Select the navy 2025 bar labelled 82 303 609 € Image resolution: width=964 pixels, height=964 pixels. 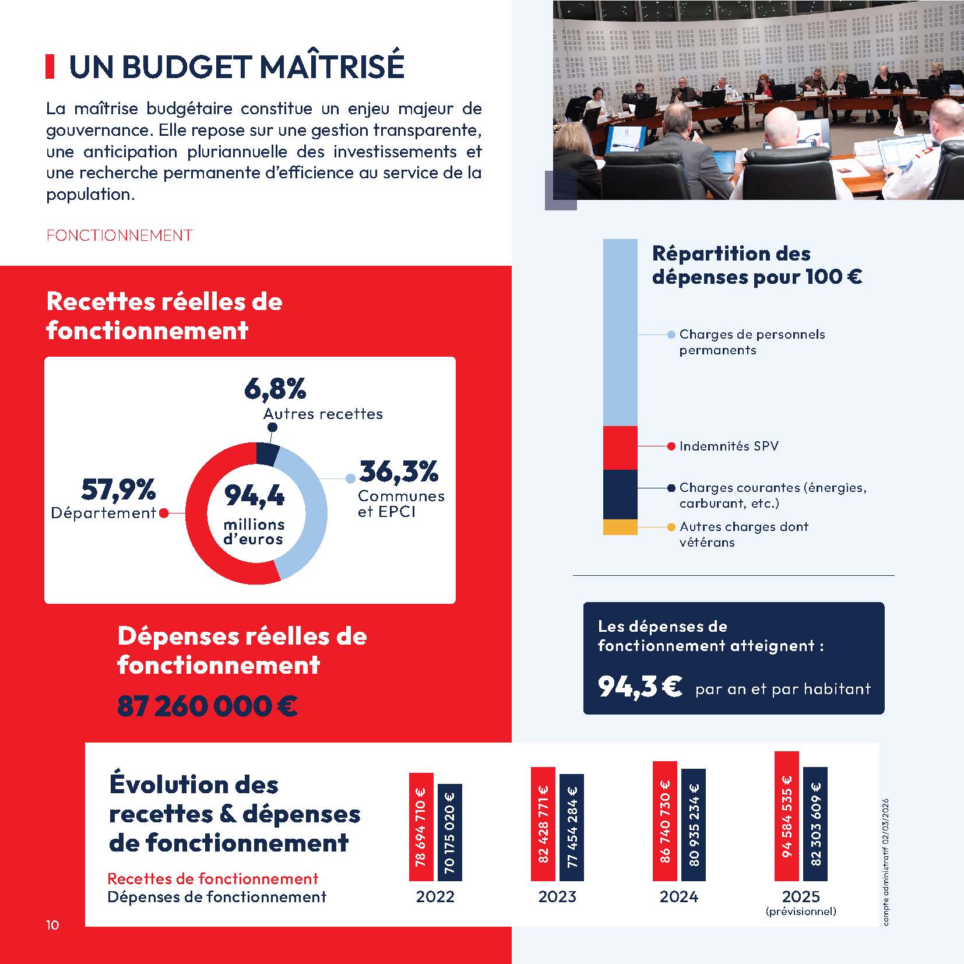coord(815,824)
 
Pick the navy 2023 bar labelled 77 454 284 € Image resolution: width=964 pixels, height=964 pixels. coord(571,827)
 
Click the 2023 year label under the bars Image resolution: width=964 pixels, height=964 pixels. coord(557,896)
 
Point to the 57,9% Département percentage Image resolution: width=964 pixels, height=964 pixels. coord(118,490)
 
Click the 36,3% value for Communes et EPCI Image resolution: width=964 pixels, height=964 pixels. coord(399,472)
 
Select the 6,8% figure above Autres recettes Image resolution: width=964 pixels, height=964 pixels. coord(275,389)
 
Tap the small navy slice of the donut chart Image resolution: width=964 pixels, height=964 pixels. coord(268,454)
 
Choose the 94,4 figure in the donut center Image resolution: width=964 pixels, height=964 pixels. coord(254,496)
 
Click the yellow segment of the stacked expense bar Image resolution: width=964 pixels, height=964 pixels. coord(620,527)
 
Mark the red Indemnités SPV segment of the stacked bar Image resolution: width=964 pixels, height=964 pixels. coord(620,448)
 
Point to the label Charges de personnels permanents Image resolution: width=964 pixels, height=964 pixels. coord(751,342)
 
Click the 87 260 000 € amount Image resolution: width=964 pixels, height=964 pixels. coord(207,706)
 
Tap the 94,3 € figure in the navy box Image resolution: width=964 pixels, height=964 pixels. coord(639,687)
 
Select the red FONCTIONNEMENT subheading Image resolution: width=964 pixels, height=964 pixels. coord(119,235)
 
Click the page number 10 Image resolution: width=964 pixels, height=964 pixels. coord(52,925)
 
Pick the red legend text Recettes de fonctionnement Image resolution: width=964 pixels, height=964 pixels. coord(213,878)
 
